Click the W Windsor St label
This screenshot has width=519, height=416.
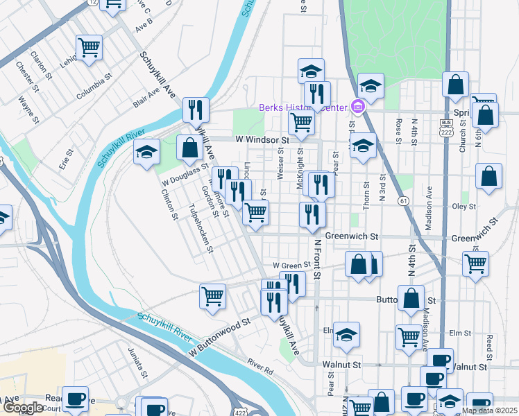coord(262,140)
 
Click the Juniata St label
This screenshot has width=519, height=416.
coord(137,361)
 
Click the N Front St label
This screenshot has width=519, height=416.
coord(316,259)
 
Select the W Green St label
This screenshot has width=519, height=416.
coord(291,265)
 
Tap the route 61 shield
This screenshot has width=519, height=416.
coord(403,200)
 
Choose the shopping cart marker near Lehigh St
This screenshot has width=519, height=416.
coord(89,47)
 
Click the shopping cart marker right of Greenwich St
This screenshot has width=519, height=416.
coord(475,263)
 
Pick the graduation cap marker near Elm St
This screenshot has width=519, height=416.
coord(346,335)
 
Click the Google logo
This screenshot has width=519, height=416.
coord(23,408)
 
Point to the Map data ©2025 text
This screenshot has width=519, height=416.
coord(489,410)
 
